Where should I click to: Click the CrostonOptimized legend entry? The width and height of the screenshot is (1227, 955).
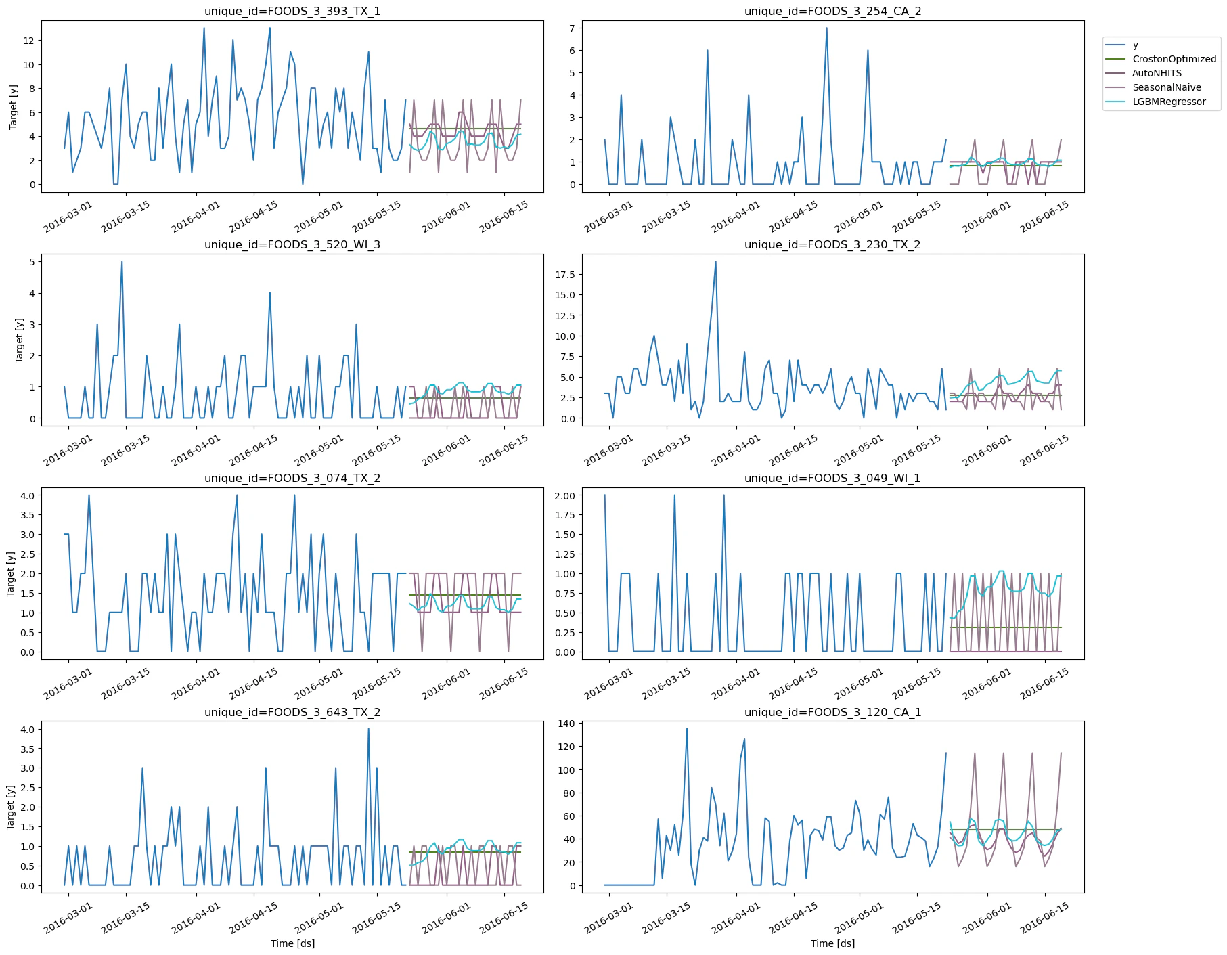tap(1174, 59)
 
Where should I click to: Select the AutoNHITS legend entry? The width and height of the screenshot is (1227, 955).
tap(1157, 73)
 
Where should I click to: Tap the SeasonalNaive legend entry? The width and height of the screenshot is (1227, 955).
tap(1166, 87)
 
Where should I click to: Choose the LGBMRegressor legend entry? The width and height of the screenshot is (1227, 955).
tap(1169, 102)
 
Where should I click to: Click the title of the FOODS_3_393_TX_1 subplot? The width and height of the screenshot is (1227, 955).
tap(292, 11)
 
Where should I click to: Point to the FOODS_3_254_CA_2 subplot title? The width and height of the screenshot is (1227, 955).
tap(832, 11)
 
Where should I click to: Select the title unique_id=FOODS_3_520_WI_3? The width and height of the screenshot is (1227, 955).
tap(292, 244)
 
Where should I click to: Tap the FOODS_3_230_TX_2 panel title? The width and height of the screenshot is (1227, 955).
tap(832, 244)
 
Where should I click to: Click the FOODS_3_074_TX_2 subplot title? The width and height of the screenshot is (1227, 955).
tap(292, 478)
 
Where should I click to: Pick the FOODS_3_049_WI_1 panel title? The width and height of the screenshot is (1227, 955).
tap(832, 478)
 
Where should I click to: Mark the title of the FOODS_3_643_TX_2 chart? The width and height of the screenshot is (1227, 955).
tap(292, 712)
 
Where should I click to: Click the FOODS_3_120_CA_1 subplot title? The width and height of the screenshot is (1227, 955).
tap(832, 712)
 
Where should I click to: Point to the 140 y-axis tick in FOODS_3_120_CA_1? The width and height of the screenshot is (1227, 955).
tap(566, 724)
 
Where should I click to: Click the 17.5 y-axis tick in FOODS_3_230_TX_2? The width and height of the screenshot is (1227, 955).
tap(564, 274)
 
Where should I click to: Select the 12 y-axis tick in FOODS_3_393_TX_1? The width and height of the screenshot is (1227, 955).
tap(28, 41)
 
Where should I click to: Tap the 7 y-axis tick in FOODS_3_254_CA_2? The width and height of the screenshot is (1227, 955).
tap(572, 28)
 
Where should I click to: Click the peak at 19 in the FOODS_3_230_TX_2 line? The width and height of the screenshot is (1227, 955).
tap(715, 262)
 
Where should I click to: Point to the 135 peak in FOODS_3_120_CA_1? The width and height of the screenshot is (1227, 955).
tap(686, 729)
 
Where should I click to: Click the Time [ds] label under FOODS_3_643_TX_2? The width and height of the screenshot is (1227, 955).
tap(292, 943)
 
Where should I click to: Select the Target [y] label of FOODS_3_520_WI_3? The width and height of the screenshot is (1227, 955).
tap(19, 340)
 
